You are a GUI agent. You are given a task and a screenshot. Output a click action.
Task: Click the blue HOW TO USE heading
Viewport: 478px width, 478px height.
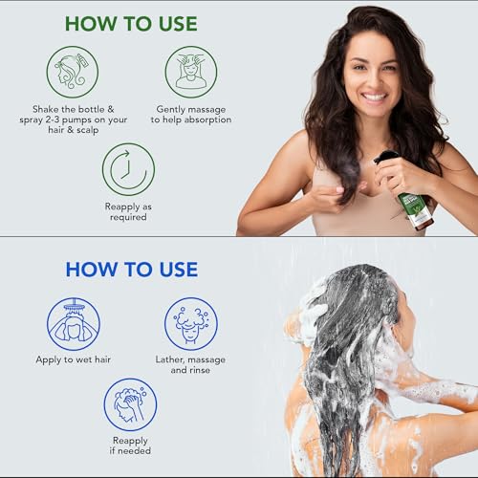pos(131,269)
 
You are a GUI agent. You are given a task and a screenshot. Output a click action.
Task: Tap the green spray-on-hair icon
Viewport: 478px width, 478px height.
pos(73,72)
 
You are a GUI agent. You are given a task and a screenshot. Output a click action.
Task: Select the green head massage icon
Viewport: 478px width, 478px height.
pos(190,72)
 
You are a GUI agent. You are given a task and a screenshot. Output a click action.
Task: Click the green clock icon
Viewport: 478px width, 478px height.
pos(128,169)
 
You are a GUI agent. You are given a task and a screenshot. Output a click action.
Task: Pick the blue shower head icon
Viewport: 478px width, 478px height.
pos(73,323)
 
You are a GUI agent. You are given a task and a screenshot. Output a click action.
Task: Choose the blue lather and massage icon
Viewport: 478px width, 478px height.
pos(190,323)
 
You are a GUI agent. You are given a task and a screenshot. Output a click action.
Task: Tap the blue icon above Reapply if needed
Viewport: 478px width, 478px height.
pos(130,403)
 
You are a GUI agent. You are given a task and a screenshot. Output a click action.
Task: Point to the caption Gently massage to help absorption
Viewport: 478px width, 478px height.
pos(190,114)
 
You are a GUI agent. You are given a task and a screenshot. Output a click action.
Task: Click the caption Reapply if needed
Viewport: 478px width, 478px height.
pos(130,445)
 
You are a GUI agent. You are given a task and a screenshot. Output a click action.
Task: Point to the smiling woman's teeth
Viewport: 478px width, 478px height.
pos(376,97)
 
